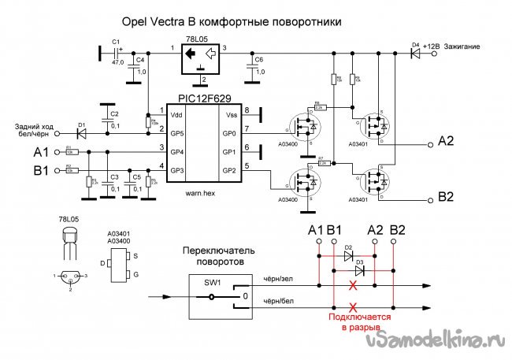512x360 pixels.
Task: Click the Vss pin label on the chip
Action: pyautogui.click(x=230, y=114)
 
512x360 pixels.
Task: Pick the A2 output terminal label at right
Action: pyautogui.click(x=446, y=141)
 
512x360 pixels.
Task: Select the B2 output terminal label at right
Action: pyautogui.click(x=446, y=196)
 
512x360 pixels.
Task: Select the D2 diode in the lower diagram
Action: pyautogui.click(x=348, y=255)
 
